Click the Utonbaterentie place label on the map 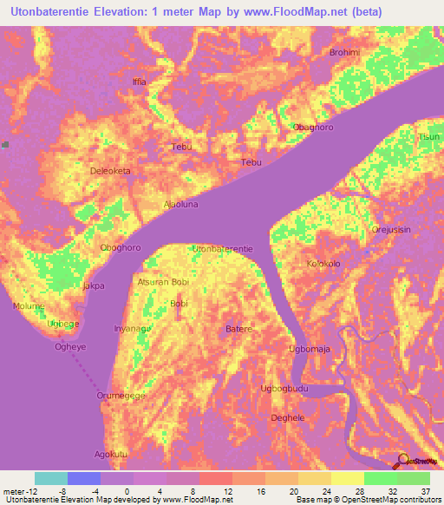223,248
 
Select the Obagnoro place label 313,127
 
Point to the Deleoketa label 110,171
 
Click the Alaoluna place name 181,205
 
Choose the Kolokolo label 323,263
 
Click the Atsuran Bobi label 163,282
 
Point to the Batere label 238,329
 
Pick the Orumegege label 121,396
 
